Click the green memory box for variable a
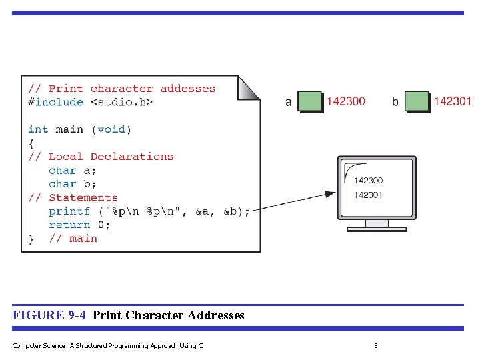[x=309, y=101]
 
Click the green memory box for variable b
[x=417, y=101]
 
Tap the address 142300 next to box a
[x=345, y=101]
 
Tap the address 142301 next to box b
[x=452, y=101]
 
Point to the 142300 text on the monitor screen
[x=368, y=181]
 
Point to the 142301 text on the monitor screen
[x=368, y=195]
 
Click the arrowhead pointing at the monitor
[x=330, y=194]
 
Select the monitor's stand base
[x=377, y=229]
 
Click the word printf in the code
[x=69, y=211]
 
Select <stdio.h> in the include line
[x=121, y=102]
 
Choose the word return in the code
[x=69, y=225]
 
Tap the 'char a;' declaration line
[x=72, y=171]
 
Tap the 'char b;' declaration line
[x=72, y=184]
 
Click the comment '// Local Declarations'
[x=101, y=157]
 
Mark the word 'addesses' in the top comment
[x=187, y=89]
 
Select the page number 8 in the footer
[x=376, y=345]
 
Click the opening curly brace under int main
[x=31, y=143]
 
